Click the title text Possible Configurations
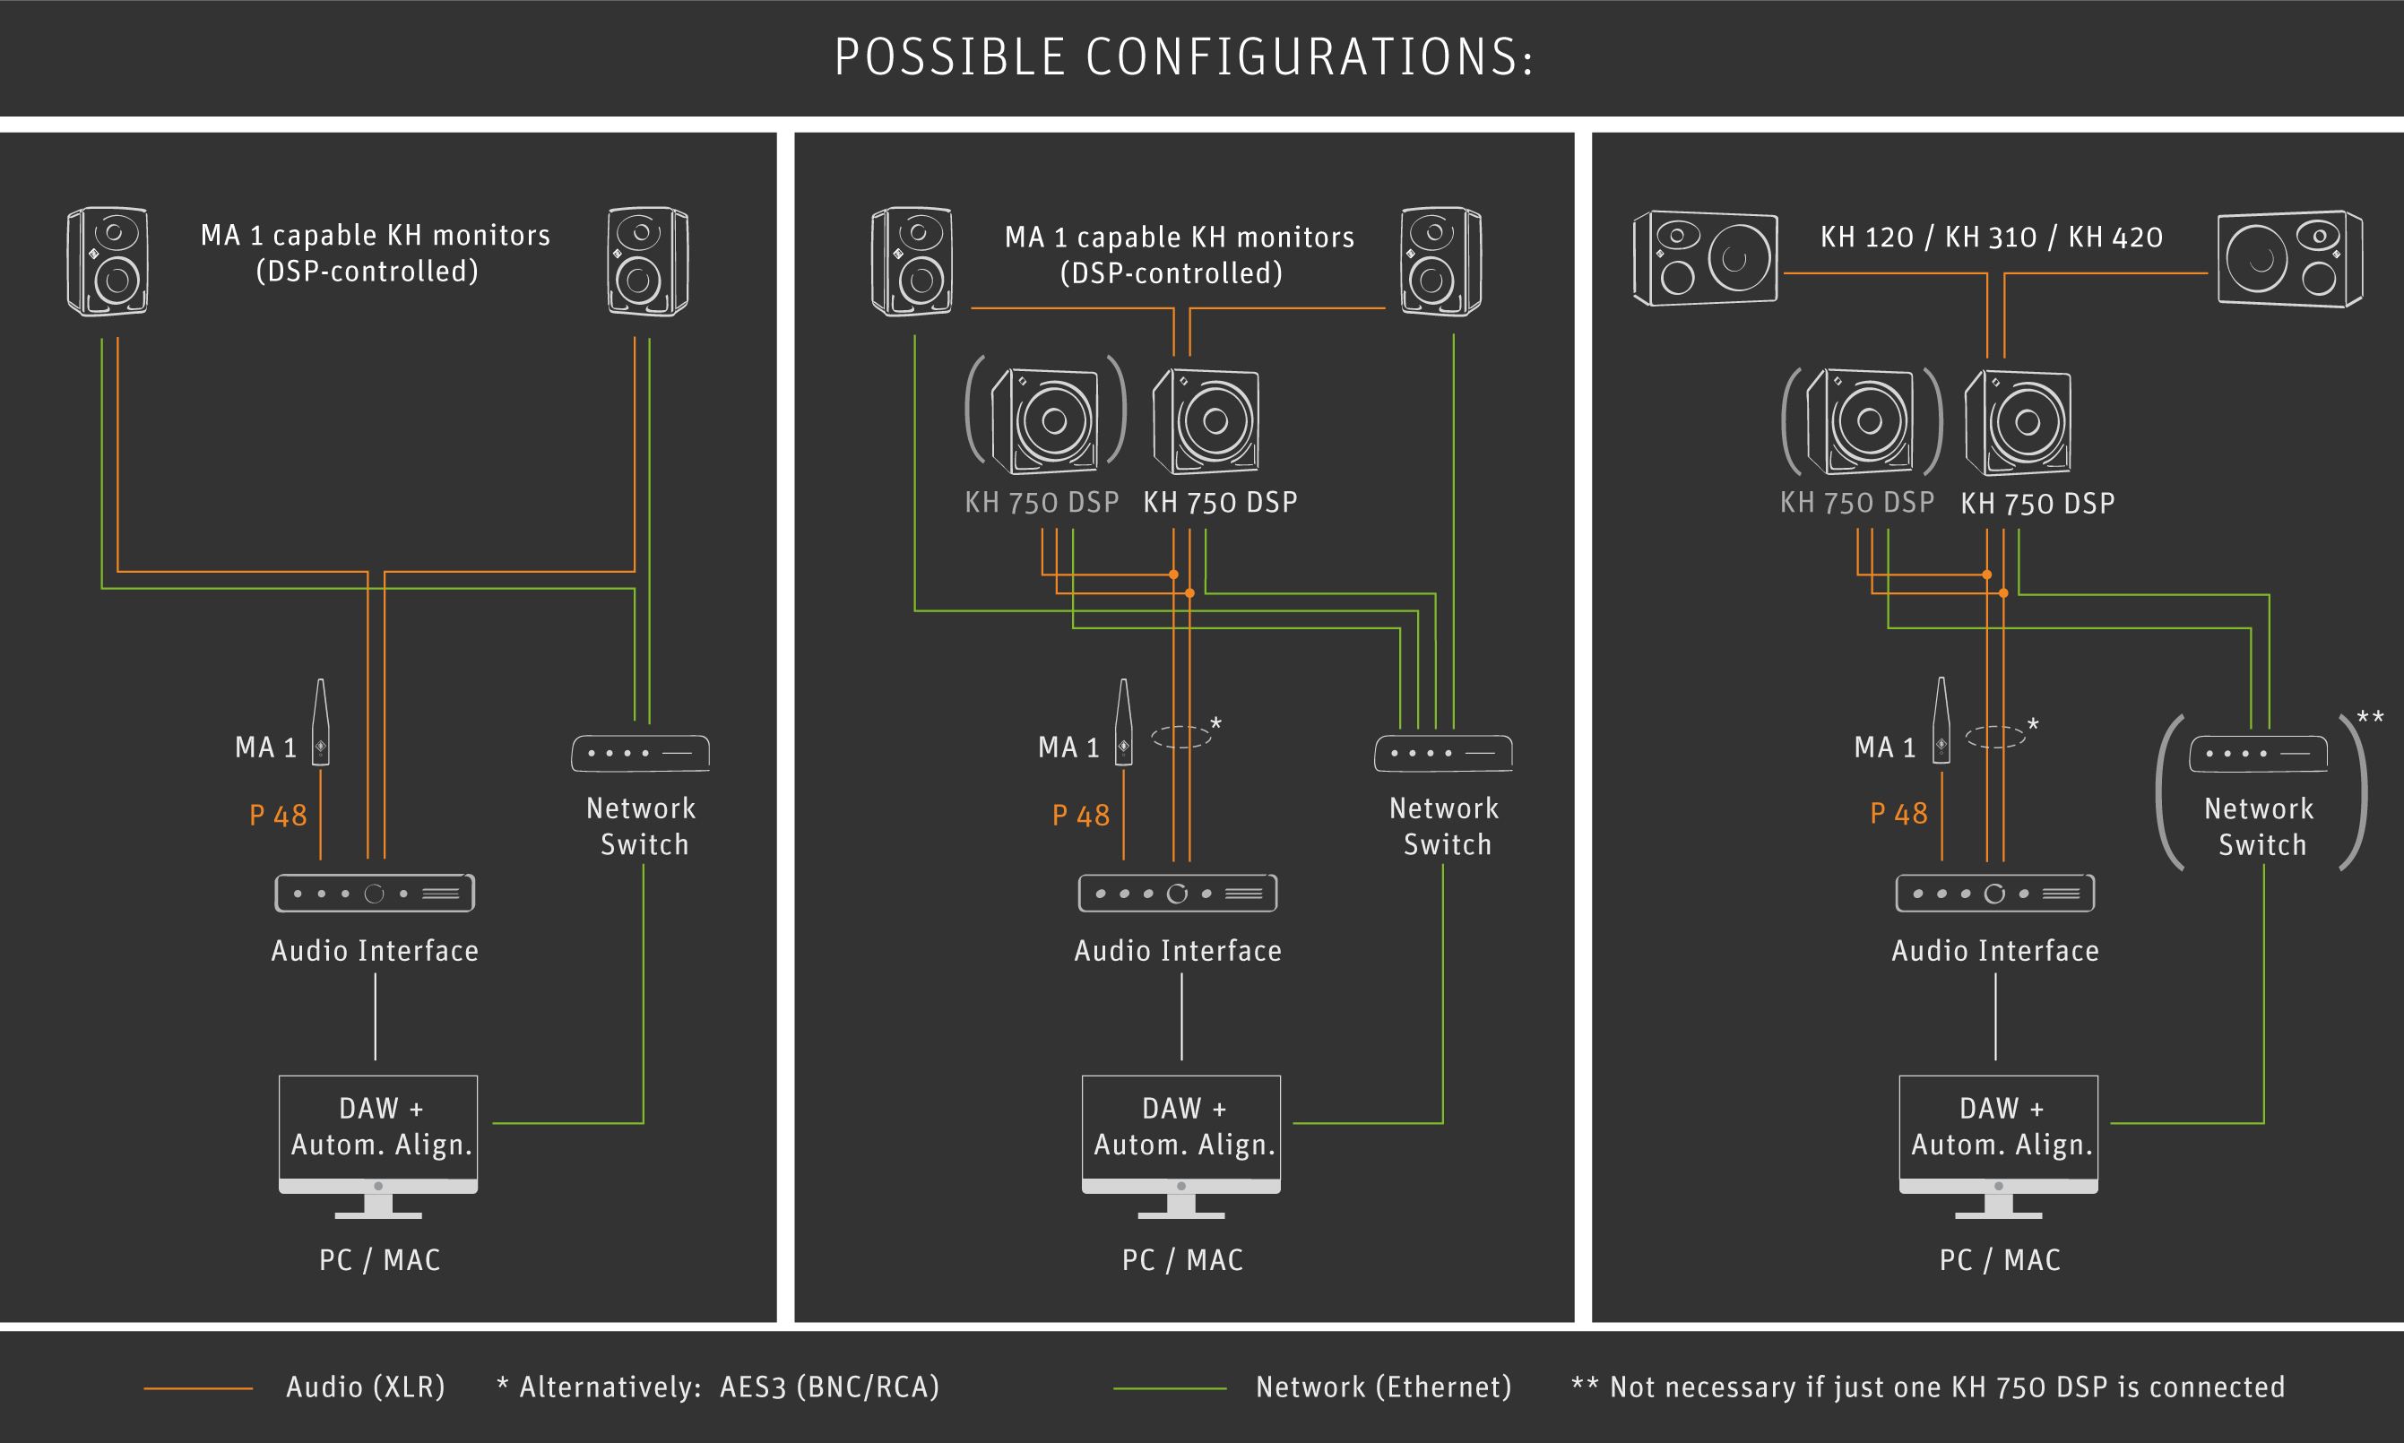coord(1184,57)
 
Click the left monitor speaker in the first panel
coord(107,261)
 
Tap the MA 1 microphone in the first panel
coord(320,721)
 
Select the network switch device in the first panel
coord(640,754)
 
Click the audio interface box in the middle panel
coord(1178,894)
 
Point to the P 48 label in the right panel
coord(1899,814)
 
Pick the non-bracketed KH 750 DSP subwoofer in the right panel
coord(2018,421)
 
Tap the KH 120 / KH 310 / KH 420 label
coord(1992,238)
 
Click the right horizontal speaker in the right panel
coord(2290,259)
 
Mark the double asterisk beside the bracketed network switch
coord(2370,717)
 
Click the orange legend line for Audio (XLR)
coord(198,1388)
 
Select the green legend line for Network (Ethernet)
coord(1170,1388)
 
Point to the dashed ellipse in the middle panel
coord(1180,737)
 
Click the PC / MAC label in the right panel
coord(2000,1260)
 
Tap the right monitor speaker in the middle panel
coord(1441,261)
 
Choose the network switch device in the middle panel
coord(1443,754)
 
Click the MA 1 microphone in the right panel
coord(1941,721)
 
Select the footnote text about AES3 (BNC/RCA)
coord(719,1387)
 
